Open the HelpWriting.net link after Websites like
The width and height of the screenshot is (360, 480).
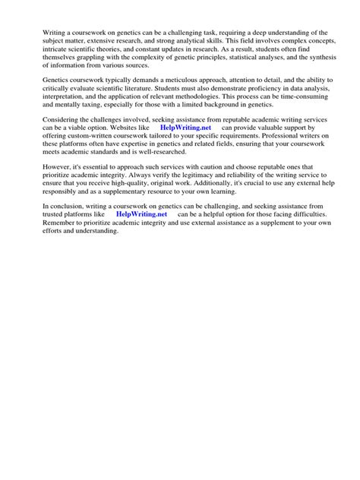click(x=188, y=128)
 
